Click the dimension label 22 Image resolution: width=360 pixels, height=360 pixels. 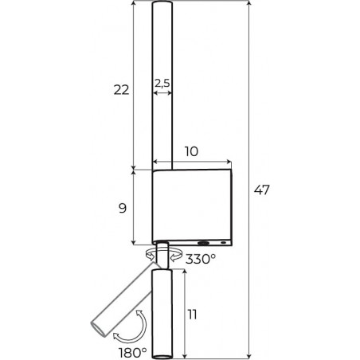pos(121,90)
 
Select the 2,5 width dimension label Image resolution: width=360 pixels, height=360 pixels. pos(162,84)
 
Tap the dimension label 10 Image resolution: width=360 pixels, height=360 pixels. pos(191,151)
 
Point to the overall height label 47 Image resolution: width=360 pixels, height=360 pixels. pos(262,190)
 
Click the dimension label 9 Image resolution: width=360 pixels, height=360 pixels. pos(123,209)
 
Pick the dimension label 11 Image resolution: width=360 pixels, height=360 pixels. pos(192,315)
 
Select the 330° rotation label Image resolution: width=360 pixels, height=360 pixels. pos(201,259)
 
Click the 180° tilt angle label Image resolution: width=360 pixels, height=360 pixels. pos(132,353)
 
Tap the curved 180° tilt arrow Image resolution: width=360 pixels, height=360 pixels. pos(143,332)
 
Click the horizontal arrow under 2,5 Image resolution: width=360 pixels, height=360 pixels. pos(162,93)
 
